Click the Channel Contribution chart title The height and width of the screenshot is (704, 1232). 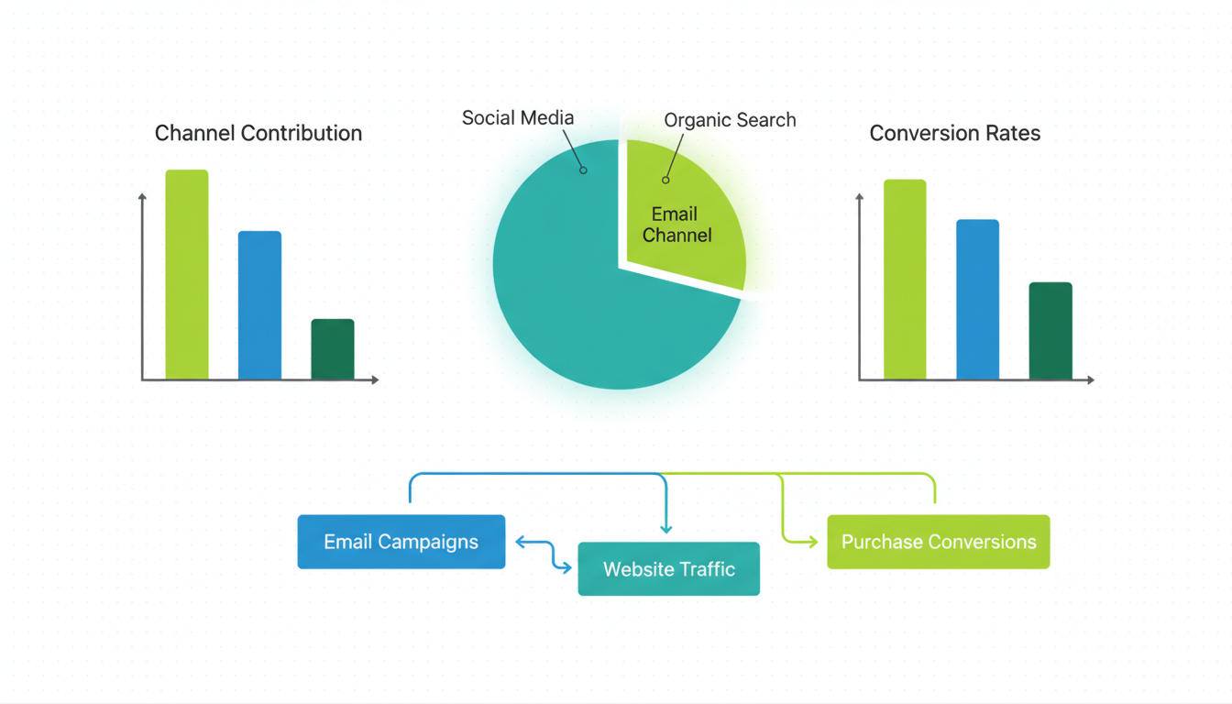click(x=258, y=133)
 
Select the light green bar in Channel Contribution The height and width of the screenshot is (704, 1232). click(x=187, y=275)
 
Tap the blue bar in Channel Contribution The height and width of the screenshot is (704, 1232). click(x=259, y=305)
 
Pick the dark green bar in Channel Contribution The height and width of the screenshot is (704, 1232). click(x=333, y=349)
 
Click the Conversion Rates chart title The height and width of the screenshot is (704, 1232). click(x=954, y=133)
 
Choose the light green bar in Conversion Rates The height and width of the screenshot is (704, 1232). click(x=905, y=280)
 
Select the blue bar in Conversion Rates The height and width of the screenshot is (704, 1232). click(x=977, y=300)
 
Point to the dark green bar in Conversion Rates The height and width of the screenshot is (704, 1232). click(x=1050, y=331)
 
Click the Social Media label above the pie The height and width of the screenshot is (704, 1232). click(x=518, y=117)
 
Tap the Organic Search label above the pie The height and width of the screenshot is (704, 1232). click(x=730, y=120)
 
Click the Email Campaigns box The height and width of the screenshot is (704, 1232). click(x=401, y=542)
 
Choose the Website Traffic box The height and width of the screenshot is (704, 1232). click(x=669, y=569)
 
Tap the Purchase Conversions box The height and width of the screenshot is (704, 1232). click(x=939, y=542)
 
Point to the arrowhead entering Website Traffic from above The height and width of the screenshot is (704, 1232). click(x=666, y=529)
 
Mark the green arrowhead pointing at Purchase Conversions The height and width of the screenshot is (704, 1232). click(x=813, y=542)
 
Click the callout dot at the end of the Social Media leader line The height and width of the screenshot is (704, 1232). click(x=583, y=170)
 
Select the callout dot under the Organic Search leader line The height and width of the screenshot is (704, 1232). click(x=665, y=180)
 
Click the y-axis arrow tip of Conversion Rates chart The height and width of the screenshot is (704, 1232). click(x=860, y=195)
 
